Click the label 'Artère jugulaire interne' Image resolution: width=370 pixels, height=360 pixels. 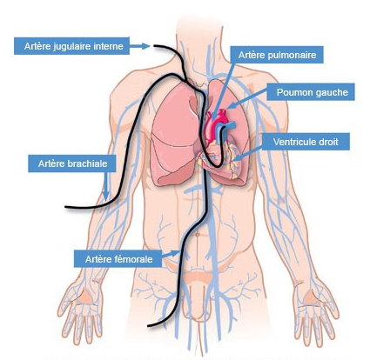(71, 46)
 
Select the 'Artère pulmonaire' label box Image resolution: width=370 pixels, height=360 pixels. (277, 55)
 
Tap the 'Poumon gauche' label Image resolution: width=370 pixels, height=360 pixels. (311, 92)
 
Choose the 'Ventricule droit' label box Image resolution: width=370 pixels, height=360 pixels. (306, 142)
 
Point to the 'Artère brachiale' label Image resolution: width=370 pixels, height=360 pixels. (72, 163)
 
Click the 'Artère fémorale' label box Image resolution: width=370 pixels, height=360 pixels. (118, 258)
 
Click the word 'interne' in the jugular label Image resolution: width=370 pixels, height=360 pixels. (111, 46)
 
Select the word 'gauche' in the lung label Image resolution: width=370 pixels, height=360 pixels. (333, 92)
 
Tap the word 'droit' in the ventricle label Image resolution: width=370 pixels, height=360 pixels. (328, 142)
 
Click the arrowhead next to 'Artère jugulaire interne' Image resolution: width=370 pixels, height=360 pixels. (145, 46)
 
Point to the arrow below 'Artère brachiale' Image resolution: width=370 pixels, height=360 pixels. (106, 185)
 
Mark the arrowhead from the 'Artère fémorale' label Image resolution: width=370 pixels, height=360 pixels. (175, 253)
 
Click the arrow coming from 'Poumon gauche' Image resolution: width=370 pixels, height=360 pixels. (246, 99)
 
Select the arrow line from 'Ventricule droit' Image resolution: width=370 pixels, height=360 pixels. (247, 153)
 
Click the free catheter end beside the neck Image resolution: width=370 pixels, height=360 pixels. (155, 46)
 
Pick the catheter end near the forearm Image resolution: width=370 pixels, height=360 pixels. (66, 207)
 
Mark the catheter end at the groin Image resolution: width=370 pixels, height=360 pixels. (149, 326)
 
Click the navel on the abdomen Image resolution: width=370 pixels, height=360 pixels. (198, 234)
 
